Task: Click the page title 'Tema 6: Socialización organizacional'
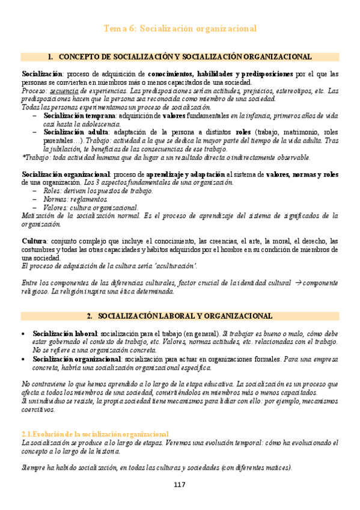click(180, 28)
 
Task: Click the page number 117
click(179, 485)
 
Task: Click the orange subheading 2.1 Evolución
click(95, 434)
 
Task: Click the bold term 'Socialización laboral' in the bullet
click(66, 333)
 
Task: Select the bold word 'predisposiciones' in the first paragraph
click(263, 74)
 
